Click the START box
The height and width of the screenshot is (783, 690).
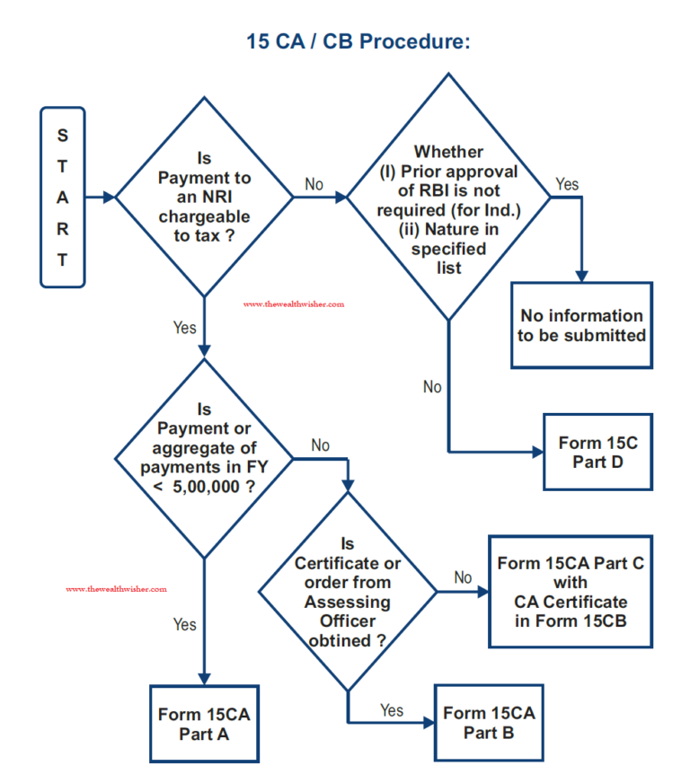pos(63,198)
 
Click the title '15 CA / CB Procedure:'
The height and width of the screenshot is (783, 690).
pos(358,41)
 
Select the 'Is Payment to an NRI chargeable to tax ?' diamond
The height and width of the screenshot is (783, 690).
pos(204,198)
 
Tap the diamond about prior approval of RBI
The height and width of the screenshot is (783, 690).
pos(448,197)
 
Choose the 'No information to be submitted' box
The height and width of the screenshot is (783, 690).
pos(581,326)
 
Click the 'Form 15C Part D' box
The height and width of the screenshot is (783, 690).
pos(598,452)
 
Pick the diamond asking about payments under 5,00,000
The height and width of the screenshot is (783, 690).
pos(204,459)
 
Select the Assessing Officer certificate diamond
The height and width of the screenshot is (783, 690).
pos(348,592)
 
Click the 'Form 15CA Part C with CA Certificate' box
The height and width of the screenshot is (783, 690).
pos(571,592)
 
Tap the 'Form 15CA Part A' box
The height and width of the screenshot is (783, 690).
pos(204,724)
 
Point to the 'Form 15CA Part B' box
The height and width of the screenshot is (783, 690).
pos(489,723)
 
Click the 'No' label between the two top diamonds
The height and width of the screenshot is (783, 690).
pos(314,184)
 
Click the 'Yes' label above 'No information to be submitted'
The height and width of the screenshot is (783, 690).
pos(567,184)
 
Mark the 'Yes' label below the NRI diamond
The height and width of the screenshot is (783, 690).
pos(184,328)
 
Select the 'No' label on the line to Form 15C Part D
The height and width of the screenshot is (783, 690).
pos(432,387)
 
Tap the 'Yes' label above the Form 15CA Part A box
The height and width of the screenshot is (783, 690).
pos(184,624)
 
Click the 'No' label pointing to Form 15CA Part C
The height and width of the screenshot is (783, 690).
pos(464,577)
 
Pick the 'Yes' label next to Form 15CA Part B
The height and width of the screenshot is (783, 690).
pos(392,710)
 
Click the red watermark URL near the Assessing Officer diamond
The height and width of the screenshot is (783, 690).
pos(117,589)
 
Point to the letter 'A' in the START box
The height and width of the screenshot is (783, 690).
pos(63,198)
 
